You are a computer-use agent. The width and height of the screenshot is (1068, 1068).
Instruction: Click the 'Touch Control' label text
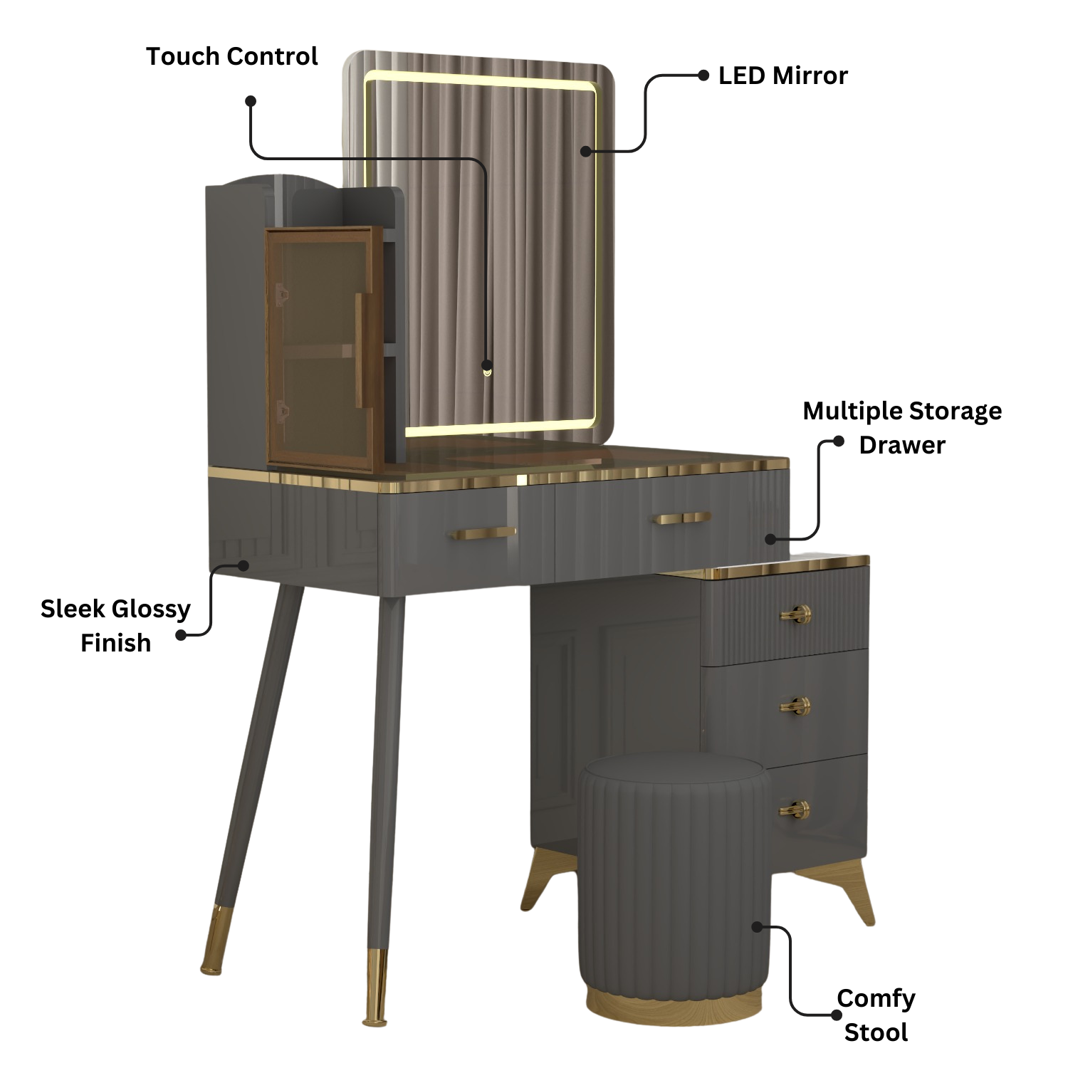click(231, 56)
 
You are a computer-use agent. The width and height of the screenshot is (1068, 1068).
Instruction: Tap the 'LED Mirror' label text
click(782, 75)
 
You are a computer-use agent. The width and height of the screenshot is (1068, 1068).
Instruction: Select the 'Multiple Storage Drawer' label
click(902, 427)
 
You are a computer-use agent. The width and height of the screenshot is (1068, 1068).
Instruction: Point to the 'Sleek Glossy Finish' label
click(115, 626)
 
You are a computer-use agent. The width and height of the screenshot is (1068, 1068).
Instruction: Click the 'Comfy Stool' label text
click(876, 1015)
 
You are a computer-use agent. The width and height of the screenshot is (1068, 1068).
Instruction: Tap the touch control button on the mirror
click(487, 367)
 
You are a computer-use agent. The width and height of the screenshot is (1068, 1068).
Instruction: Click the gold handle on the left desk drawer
click(482, 533)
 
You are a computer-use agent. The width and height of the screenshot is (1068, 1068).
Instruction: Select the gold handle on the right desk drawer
click(683, 518)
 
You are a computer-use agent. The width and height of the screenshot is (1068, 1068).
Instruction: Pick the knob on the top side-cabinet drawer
click(795, 614)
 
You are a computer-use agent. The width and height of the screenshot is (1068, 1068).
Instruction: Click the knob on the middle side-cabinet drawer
click(795, 706)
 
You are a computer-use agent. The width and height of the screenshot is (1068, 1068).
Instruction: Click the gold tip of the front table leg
click(376, 986)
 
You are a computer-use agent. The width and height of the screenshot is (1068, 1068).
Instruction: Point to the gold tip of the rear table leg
click(211, 939)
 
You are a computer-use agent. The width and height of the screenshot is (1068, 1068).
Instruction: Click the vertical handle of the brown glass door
click(361, 350)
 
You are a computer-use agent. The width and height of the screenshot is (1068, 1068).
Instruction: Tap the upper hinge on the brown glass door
click(282, 293)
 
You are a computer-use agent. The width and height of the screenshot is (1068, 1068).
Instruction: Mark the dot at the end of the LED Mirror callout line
click(586, 150)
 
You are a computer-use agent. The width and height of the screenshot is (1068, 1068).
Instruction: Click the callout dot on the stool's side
click(758, 926)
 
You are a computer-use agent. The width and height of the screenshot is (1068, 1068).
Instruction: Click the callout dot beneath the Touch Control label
click(251, 101)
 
